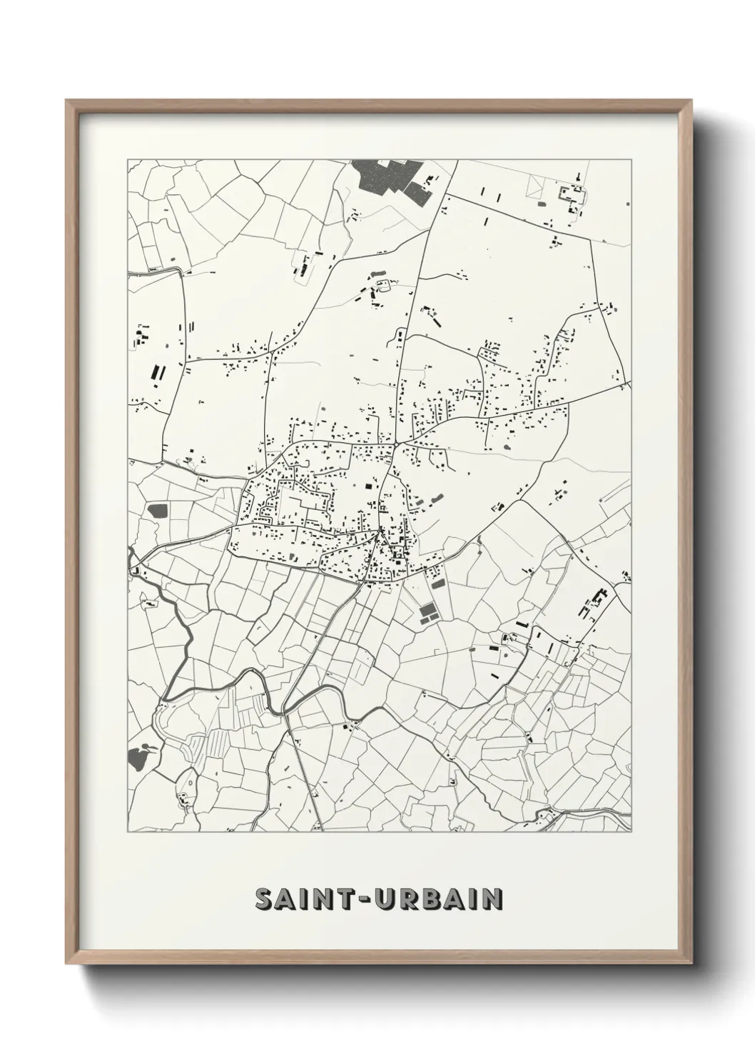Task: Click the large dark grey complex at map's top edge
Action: coord(389,177)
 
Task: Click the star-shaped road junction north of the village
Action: coord(393,445)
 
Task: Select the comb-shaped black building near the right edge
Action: coord(598,601)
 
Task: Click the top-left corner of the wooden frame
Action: coord(66,101)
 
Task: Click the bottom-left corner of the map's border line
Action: coord(128,832)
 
